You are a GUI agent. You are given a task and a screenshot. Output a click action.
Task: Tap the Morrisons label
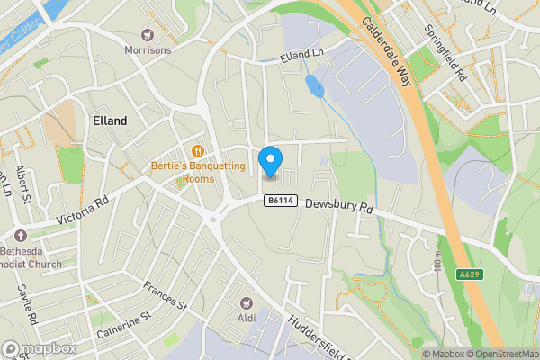pyautogui.click(x=148, y=50)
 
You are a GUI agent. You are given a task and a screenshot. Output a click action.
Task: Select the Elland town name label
pyautogui.click(x=110, y=121)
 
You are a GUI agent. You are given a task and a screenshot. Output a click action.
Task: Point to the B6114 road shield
pyautogui.click(x=281, y=202)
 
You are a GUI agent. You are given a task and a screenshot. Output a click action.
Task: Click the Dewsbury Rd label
pyautogui.click(x=337, y=206)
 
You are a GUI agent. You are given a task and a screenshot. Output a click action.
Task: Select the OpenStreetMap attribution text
pyautogui.click(x=504, y=353)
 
